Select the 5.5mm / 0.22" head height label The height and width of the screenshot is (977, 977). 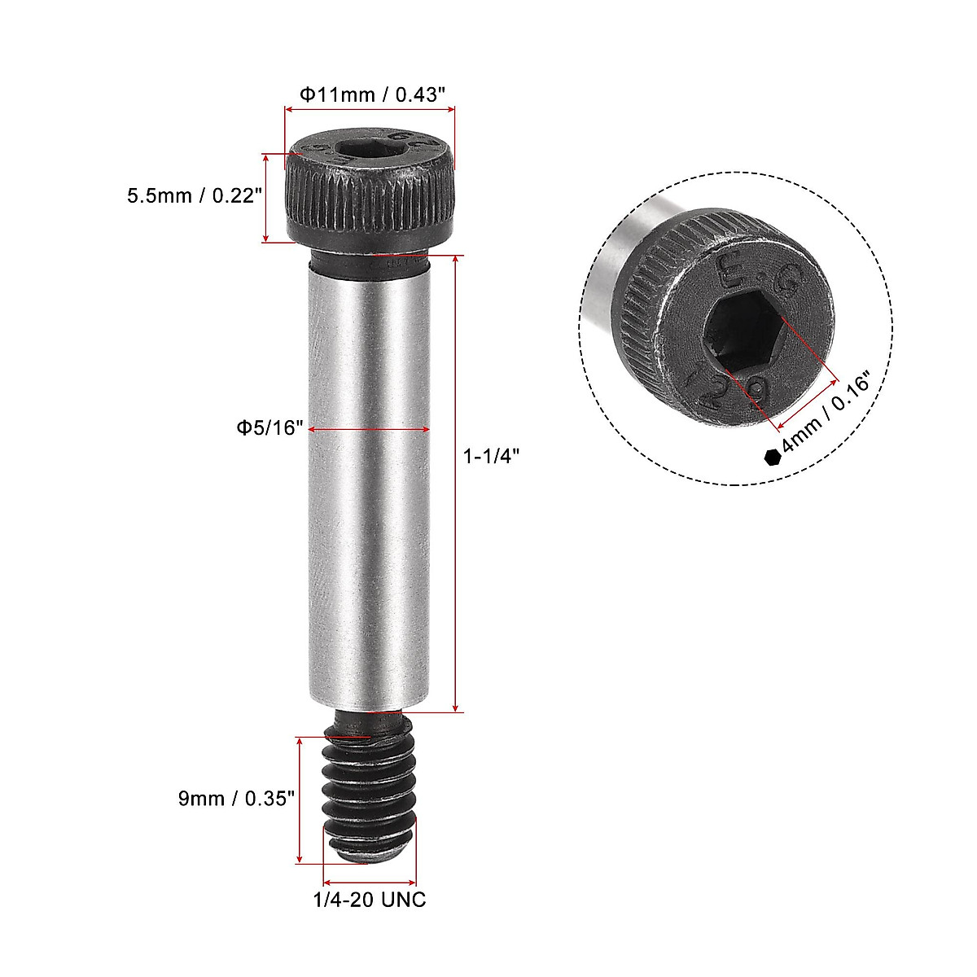pos(194,195)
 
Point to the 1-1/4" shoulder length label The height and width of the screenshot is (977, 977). pos(491,458)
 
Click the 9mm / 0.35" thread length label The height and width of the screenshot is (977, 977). pos(235,799)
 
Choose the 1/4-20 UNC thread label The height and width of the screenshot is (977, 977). pos(370,900)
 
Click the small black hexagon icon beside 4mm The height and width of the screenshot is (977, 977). pos(772,457)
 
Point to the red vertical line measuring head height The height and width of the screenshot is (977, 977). pos(265,197)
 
